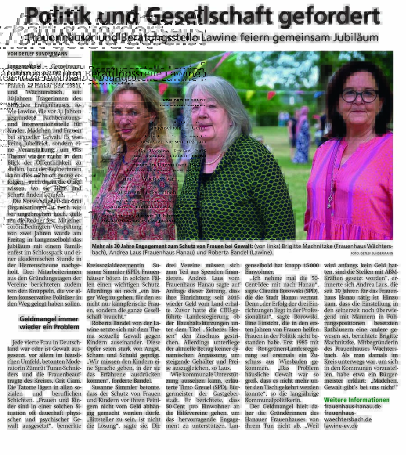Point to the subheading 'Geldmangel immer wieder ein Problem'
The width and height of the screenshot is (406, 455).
(x=46, y=322)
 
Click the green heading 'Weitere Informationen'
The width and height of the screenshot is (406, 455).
(x=356, y=400)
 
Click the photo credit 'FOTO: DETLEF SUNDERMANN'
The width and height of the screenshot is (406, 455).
(x=371, y=254)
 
